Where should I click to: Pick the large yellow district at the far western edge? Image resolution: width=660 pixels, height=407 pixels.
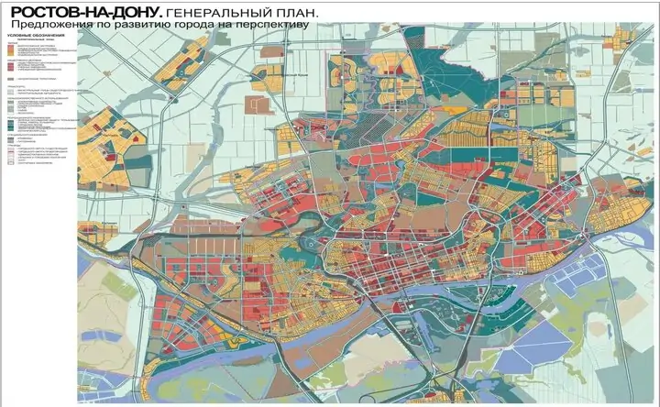[x=101, y=147]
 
